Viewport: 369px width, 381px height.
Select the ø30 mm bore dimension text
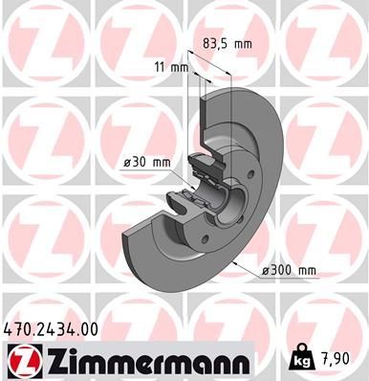(146, 162)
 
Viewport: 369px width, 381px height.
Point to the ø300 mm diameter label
(289, 271)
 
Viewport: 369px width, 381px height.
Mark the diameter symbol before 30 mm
(126, 162)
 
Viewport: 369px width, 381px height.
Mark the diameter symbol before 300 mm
(266, 271)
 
